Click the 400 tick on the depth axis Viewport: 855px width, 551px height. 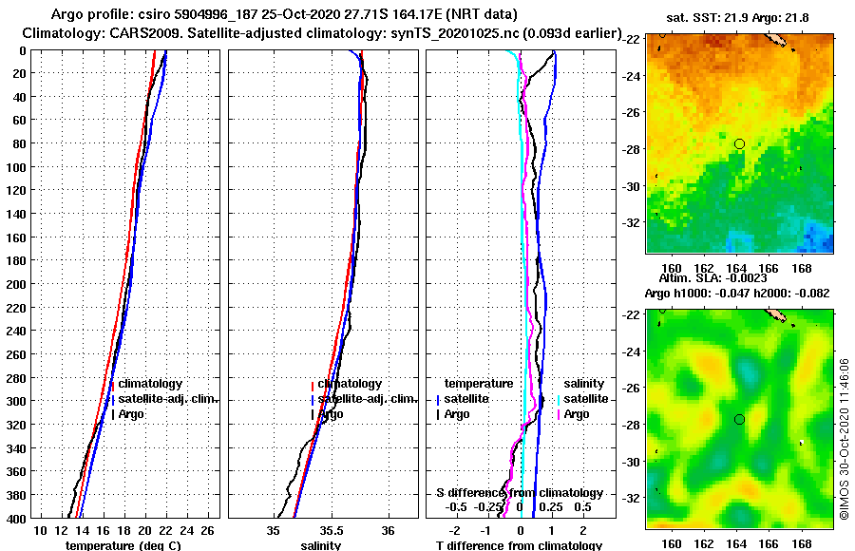[15, 519]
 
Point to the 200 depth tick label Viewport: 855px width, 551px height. [15, 284]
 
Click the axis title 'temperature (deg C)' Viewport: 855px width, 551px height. [123, 545]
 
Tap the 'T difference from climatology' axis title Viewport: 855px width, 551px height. [519, 545]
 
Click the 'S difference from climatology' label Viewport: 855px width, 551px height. [519, 493]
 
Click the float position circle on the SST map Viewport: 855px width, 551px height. [739, 143]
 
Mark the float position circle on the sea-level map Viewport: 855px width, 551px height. [739, 419]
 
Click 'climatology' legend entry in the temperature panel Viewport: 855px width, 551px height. [151, 384]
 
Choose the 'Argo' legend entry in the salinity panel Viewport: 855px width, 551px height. [331, 414]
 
